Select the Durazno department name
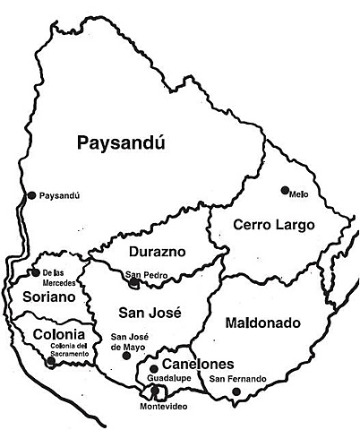[156, 252]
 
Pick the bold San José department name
[150, 313]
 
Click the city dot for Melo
[285, 190]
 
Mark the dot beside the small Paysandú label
[32, 194]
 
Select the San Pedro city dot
[133, 282]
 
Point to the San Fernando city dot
[236, 391]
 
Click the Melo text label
[300, 191]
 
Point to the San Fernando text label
[237, 379]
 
